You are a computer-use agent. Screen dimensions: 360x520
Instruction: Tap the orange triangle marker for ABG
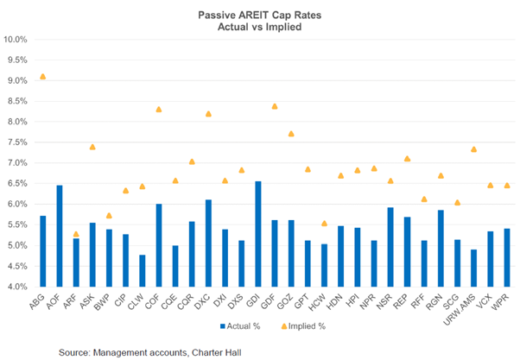(x=43, y=77)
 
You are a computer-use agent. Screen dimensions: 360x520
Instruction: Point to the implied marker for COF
(x=159, y=110)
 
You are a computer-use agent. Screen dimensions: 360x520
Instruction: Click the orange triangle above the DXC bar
(x=209, y=114)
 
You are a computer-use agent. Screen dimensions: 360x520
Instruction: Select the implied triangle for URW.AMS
(x=474, y=149)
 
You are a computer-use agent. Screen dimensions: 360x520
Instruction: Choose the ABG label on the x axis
(x=39, y=300)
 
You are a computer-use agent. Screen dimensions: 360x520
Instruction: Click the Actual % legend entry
(x=238, y=327)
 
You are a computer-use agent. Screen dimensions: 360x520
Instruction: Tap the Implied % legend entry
(x=299, y=327)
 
